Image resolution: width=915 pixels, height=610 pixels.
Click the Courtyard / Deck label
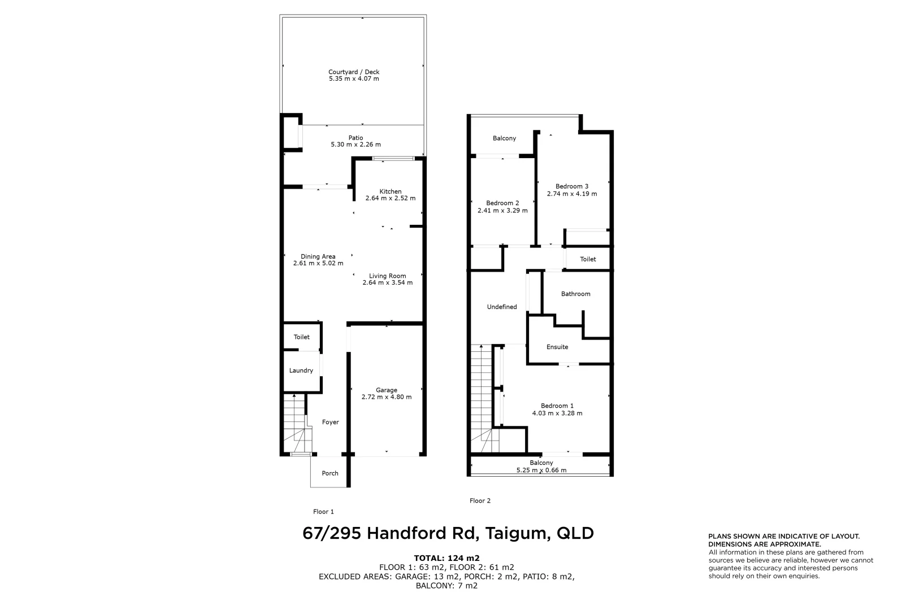pyautogui.click(x=354, y=72)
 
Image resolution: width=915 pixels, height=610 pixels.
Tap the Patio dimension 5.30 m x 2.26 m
pyautogui.click(x=355, y=145)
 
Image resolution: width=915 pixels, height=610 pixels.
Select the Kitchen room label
pyautogui.click(x=391, y=191)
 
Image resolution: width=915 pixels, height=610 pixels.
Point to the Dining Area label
pyautogui.click(x=318, y=256)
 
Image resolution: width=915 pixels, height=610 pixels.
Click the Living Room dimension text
pyautogui.click(x=388, y=282)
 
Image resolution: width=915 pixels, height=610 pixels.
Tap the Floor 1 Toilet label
pyautogui.click(x=301, y=337)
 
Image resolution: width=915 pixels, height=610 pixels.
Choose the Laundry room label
pyautogui.click(x=301, y=371)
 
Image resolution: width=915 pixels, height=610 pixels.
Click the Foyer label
pyautogui.click(x=331, y=422)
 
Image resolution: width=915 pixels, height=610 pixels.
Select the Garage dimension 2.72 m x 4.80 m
pyautogui.click(x=387, y=397)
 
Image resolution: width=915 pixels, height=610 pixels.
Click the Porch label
pyautogui.click(x=330, y=473)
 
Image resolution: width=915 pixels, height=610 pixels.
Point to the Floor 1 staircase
pyautogui.click(x=294, y=426)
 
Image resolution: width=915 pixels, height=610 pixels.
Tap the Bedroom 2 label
pyautogui.click(x=502, y=203)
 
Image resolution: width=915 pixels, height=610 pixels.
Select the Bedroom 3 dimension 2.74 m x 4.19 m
pyautogui.click(x=572, y=194)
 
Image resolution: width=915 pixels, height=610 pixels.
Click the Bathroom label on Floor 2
pyautogui.click(x=575, y=294)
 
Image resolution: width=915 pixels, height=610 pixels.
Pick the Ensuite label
pyautogui.click(x=557, y=347)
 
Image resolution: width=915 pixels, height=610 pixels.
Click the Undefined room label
pyautogui.click(x=502, y=307)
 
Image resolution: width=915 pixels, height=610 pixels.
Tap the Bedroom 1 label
pyautogui.click(x=557, y=406)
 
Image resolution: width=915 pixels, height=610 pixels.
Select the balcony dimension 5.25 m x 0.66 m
pyautogui.click(x=541, y=470)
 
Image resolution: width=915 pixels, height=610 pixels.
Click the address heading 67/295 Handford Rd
pyautogui.click(x=448, y=533)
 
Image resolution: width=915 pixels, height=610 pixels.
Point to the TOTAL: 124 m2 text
pyautogui.click(x=446, y=558)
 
